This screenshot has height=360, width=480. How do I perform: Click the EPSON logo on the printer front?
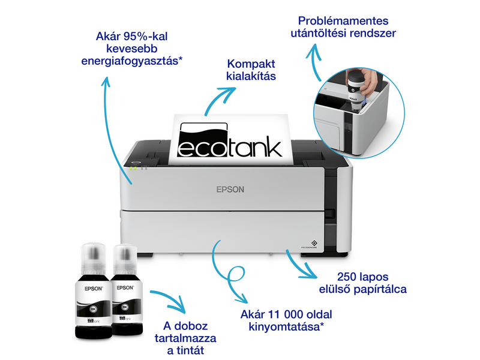pos(230,189)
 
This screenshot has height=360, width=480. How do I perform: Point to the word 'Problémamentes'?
pos(341,20)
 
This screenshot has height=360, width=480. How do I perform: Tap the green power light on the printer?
pos(133,168)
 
